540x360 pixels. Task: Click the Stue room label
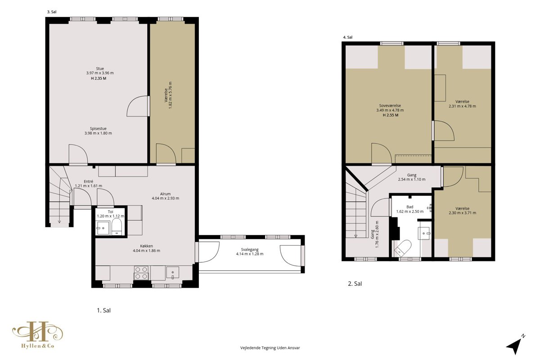point(100,69)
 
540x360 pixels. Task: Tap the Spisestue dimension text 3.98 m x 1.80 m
point(98,133)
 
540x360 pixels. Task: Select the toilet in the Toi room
point(117,227)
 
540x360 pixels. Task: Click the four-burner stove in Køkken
point(141,273)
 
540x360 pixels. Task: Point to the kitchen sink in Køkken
point(173,272)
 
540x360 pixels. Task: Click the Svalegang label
point(250,250)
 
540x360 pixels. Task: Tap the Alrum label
point(166,194)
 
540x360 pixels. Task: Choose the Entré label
point(89,181)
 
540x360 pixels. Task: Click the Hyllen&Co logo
point(38,335)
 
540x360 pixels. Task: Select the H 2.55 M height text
point(391,115)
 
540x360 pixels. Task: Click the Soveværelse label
point(390,106)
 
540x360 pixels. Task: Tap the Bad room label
point(410,207)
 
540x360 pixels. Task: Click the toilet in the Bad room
point(403,247)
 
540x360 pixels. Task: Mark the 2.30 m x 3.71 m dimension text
point(463,213)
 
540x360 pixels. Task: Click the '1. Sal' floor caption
point(103,310)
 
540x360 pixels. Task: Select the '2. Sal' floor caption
point(355,284)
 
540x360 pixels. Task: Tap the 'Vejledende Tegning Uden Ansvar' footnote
point(270,348)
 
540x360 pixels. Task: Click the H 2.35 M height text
point(99,78)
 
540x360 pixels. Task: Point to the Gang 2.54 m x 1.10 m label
point(412,177)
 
